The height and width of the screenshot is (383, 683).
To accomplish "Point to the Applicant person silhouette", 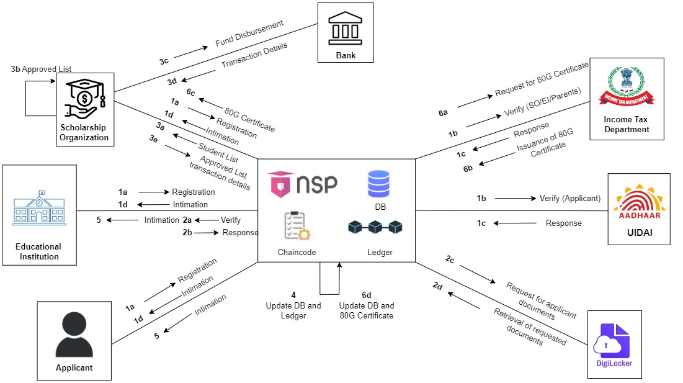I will pos(74,335).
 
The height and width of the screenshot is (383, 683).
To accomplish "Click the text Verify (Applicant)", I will pos(569,199).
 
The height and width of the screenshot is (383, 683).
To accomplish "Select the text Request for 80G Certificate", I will pos(541,79).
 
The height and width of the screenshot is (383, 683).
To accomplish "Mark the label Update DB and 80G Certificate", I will pos(366,310).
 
